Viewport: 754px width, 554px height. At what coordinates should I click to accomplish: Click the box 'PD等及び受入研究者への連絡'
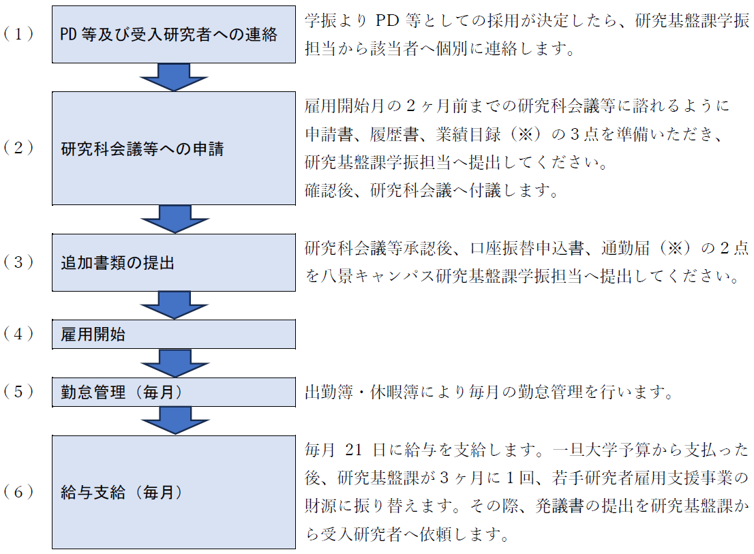(174, 35)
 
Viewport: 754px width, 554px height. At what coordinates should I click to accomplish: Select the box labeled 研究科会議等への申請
(174, 148)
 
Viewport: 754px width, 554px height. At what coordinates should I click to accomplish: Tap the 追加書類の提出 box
(174, 262)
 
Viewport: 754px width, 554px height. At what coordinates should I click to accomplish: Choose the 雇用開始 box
(174, 335)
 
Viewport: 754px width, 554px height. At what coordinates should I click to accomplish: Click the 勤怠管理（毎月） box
(174, 392)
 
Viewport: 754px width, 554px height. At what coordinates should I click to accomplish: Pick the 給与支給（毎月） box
(174, 492)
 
